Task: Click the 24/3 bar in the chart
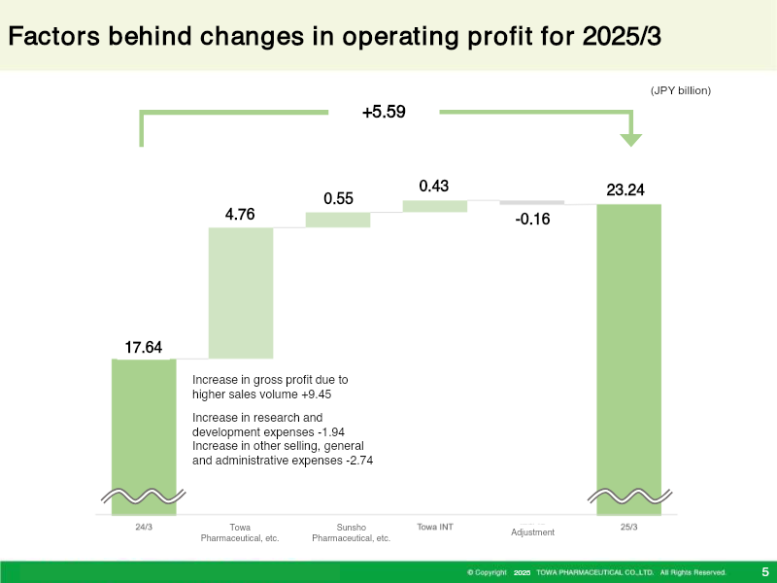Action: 144,436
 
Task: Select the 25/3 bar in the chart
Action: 628,360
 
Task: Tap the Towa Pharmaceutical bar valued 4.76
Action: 241,293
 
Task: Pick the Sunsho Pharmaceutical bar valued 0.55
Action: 338,220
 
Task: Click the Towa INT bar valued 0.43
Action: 435,206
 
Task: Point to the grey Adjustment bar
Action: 531,202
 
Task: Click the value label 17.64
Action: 143,347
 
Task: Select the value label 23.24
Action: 625,189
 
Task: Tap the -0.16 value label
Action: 532,220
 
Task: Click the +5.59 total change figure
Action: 384,112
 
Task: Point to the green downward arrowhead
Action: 630,140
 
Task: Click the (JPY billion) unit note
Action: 681,90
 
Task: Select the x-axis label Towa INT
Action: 435,527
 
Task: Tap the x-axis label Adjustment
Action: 532,532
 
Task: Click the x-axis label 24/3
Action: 144,527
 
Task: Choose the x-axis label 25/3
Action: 628,527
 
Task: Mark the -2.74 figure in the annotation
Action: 359,461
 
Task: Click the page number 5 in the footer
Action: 765,572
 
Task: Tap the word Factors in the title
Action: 54,36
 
